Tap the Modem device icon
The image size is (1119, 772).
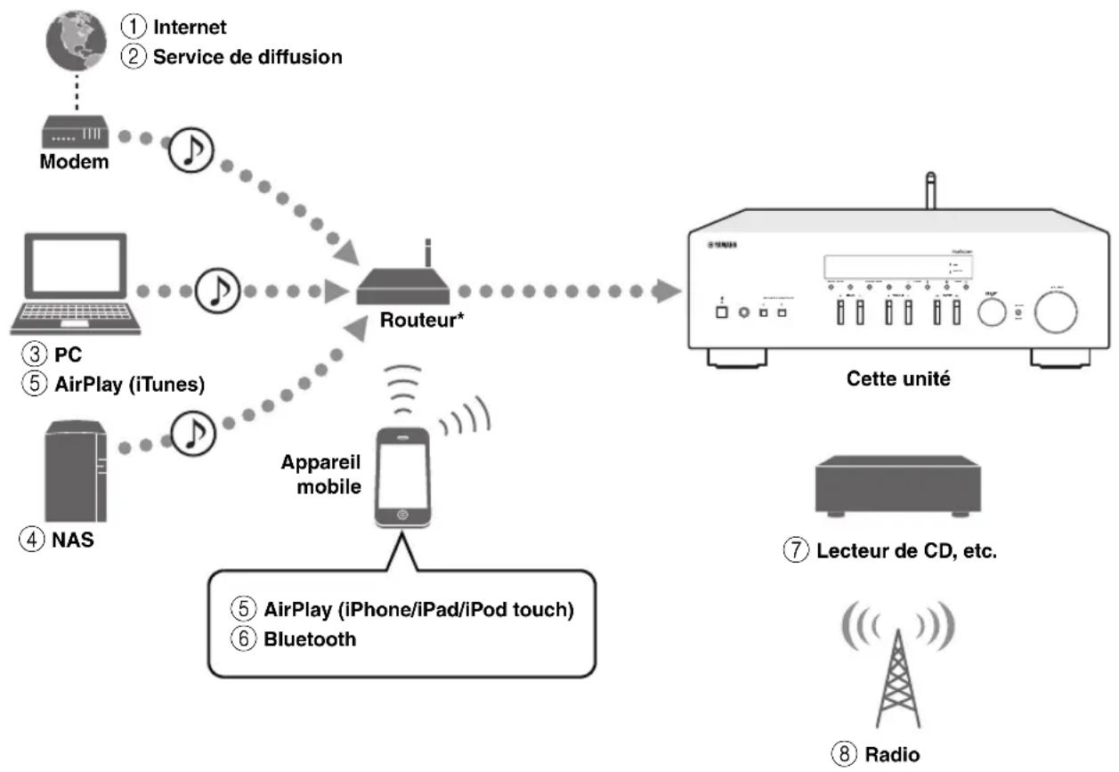pos(74,134)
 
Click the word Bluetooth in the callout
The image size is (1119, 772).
pos(309,638)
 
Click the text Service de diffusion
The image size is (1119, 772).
pos(247,56)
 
